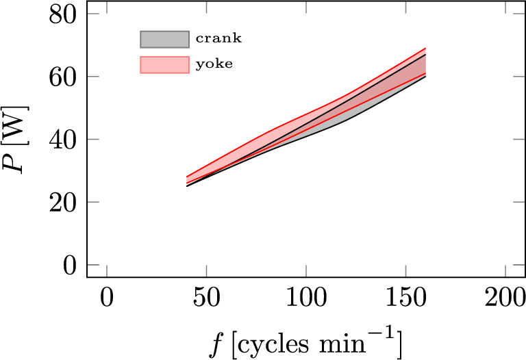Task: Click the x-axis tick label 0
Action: coord(106,299)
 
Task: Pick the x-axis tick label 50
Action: coord(205,299)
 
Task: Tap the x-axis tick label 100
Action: coord(305,299)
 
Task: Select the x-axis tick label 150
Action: coord(405,299)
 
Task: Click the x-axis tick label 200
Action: coord(505,299)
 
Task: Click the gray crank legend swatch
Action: coord(164,39)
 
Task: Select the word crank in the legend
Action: coord(218,39)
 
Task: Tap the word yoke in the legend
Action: coord(214,65)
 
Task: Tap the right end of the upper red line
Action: coord(425,48)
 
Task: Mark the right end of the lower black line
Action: coord(425,76)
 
